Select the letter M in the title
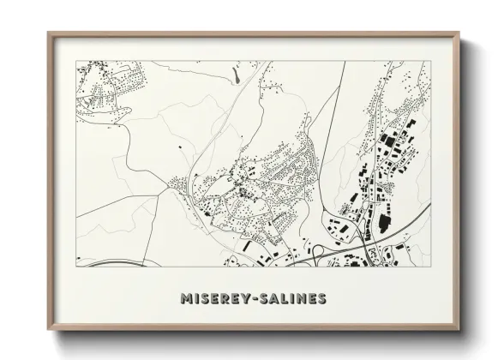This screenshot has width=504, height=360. (x=187, y=299)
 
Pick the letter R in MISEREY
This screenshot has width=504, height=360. (x=225, y=299)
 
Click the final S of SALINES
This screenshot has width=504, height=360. (x=321, y=299)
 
